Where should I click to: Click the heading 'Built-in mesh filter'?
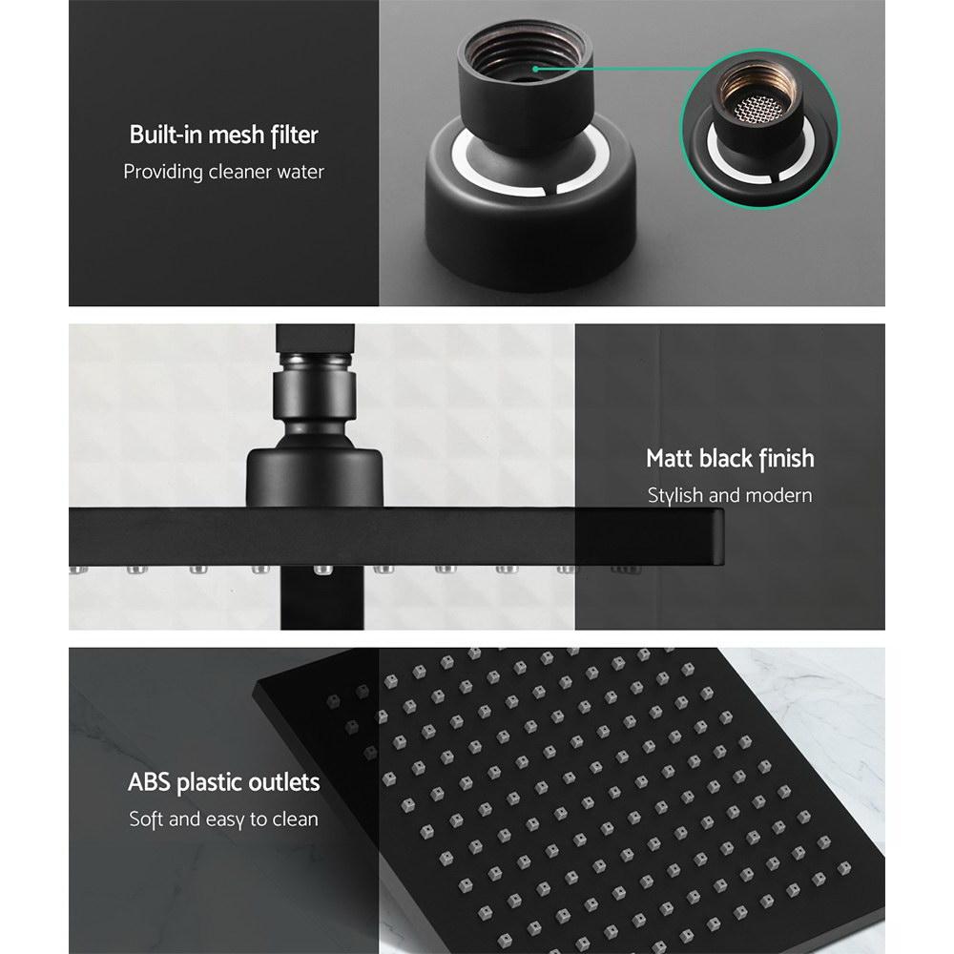click(x=223, y=135)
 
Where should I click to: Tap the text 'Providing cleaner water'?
click(x=223, y=173)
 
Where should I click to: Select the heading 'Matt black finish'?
click(x=730, y=459)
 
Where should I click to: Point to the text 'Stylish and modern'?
click(x=730, y=495)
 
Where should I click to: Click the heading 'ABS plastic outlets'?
click(x=223, y=783)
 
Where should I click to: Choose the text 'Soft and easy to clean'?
click(x=223, y=819)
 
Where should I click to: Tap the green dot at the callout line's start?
click(x=536, y=69)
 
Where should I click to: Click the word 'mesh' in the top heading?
click(x=231, y=135)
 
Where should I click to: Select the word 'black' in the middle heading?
click(x=726, y=459)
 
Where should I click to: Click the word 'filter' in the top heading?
click(x=293, y=135)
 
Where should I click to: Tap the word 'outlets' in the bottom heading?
click(x=282, y=783)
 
